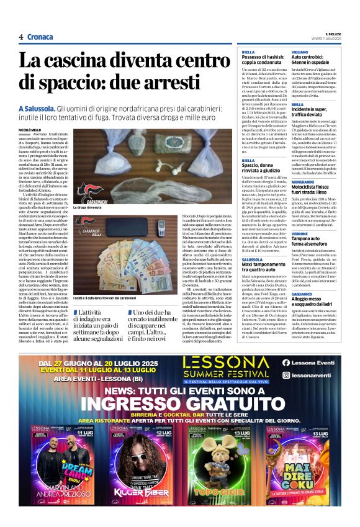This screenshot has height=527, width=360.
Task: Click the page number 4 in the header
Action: (x=20, y=37)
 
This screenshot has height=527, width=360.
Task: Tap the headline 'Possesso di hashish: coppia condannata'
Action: (x=261, y=61)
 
